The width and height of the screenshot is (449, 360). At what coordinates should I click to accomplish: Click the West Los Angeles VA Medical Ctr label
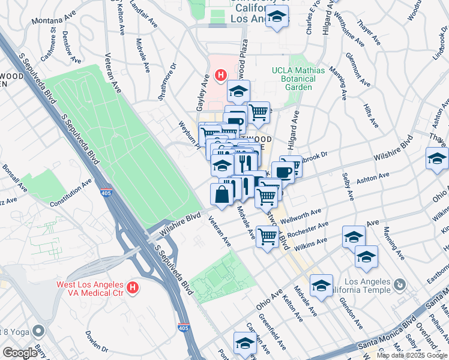point(90,288)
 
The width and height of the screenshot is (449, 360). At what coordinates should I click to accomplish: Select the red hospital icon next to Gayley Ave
point(221,76)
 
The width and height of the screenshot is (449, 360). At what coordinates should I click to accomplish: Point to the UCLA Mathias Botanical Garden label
point(298,79)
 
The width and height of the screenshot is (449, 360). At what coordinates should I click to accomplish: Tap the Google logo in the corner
point(20,353)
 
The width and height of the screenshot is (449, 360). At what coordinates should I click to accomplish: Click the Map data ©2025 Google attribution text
point(412,355)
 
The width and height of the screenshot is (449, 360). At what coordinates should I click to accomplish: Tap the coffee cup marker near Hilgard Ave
point(283,172)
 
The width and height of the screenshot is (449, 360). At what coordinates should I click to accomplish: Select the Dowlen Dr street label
point(95,341)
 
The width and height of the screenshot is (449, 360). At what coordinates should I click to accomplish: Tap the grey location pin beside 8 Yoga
point(39,331)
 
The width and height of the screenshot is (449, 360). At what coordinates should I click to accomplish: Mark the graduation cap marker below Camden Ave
point(245,344)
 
